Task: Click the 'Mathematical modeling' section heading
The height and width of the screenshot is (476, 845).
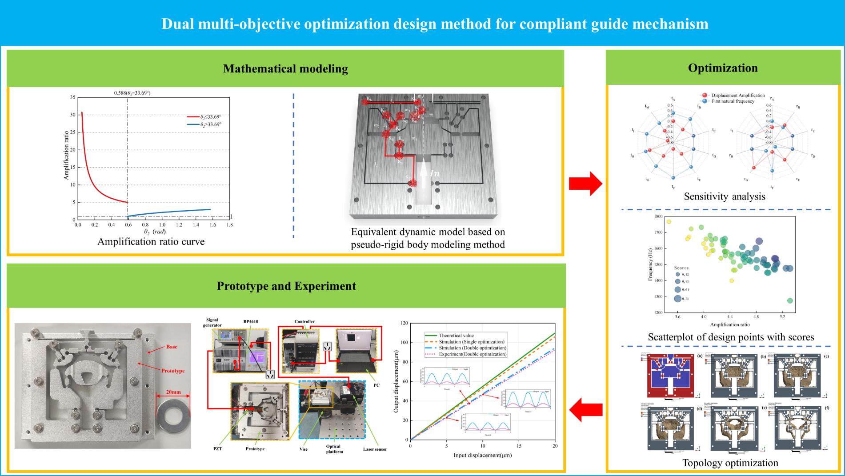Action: coord(285,69)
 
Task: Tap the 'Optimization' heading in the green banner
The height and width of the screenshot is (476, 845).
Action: coord(723,68)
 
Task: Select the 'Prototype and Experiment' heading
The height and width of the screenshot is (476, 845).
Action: coord(286,286)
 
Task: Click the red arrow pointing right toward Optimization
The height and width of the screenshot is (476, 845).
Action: coord(585,183)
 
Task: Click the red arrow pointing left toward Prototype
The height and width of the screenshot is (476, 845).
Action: coord(585,409)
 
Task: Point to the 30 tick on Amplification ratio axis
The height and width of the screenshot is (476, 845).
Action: coord(72,115)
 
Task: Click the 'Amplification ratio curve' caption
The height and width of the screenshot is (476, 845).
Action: coord(151,242)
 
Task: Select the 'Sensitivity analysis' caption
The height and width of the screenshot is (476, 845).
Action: coord(725,196)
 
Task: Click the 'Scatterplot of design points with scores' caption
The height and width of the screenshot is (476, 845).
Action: coord(731,337)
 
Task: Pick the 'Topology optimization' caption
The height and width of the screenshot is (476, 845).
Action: coord(730,463)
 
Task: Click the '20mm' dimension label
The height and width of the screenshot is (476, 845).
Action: coord(173,392)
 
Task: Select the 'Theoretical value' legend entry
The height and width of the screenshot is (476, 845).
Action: coord(456,336)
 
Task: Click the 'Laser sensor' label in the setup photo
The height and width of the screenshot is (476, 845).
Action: coord(375,449)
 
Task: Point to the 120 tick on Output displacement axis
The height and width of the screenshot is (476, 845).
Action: coord(404,323)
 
